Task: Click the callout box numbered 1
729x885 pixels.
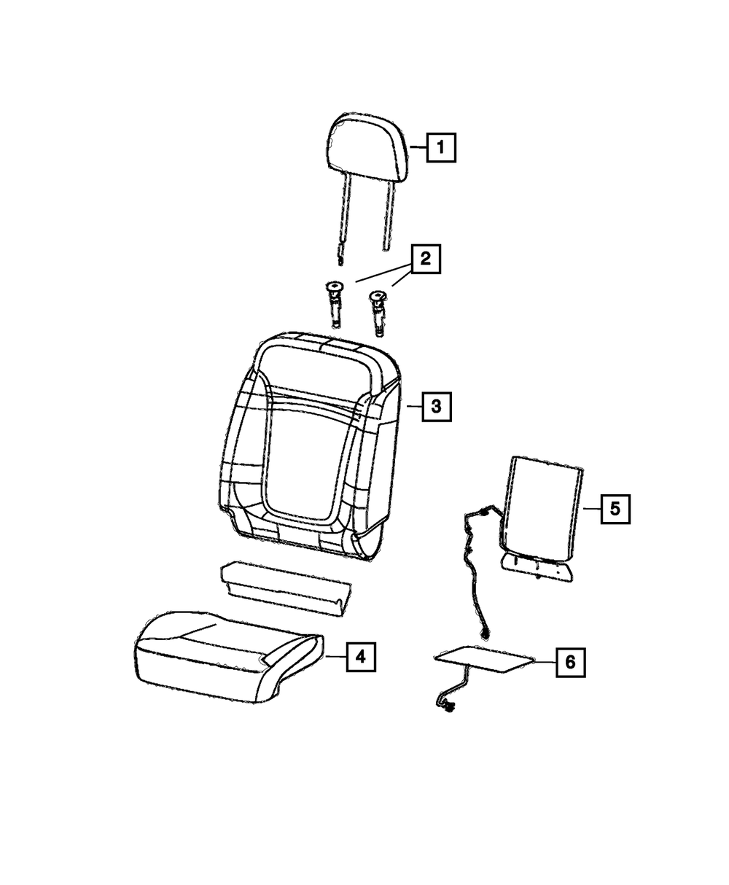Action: click(441, 147)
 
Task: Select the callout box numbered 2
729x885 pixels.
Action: click(425, 259)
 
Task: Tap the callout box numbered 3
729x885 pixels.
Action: click(436, 407)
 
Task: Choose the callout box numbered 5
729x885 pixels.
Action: click(615, 509)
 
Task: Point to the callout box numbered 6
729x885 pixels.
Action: click(571, 662)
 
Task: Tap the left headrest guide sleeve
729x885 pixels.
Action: click(335, 304)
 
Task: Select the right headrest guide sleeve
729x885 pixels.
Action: click(378, 313)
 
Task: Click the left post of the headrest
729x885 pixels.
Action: click(345, 219)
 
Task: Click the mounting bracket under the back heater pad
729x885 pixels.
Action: click(537, 567)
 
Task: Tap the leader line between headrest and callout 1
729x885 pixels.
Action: click(418, 147)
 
